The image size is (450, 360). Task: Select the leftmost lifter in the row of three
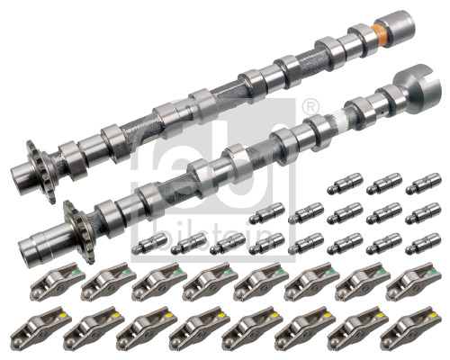click(345, 185)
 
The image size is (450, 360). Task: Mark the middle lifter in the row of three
click(383, 184)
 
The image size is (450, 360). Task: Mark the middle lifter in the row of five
click(344, 214)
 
